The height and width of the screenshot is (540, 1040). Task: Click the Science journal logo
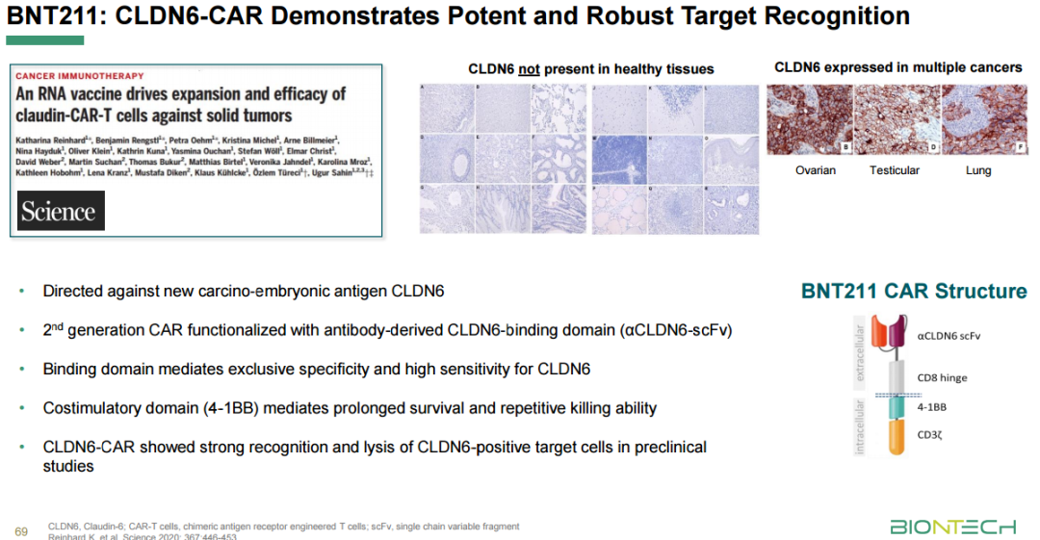[61, 211]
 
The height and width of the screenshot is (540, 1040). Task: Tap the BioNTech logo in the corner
[951, 527]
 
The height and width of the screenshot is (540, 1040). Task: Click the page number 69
[21, 530]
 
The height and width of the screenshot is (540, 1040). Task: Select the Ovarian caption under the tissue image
[815, 170]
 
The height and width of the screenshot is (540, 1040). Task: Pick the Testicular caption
[894, 170]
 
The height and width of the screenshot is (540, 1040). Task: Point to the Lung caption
[977, 170]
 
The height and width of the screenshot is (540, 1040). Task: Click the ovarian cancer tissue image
[809, 119]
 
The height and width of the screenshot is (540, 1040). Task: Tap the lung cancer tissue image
[984, 119]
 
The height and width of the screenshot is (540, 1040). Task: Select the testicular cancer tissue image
[897, 119]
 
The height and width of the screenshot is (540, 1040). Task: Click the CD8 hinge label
[943, 378]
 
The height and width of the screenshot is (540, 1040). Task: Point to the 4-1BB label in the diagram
[932, 407]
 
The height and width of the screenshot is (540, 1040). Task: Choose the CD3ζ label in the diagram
[931, 435]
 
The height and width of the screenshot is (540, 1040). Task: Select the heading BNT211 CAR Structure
[913, 292]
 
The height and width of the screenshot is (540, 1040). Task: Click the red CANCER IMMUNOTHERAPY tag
[80, 76]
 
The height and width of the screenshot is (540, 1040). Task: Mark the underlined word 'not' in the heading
[529, 69]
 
